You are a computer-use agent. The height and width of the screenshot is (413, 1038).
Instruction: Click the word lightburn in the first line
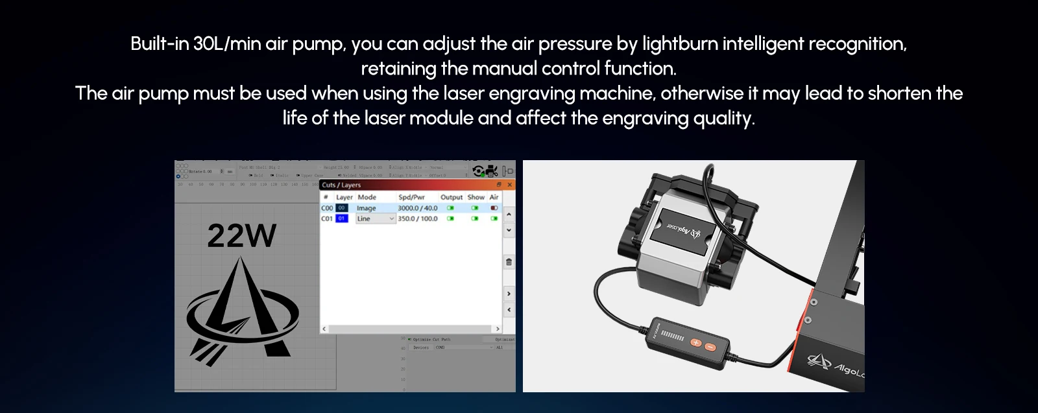679,44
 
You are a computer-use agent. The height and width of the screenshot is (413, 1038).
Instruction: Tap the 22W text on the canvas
241,236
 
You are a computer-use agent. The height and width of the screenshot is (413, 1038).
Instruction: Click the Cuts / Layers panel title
341,185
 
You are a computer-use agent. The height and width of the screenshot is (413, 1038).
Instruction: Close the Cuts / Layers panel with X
510,185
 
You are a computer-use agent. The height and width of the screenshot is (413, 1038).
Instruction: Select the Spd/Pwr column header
411,197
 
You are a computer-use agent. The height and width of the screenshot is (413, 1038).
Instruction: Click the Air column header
494,197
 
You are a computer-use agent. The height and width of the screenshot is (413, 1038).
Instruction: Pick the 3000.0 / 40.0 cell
417,208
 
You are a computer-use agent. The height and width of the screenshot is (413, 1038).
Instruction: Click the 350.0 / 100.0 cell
417,218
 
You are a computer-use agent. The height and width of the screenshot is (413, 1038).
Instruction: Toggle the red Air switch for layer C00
494,208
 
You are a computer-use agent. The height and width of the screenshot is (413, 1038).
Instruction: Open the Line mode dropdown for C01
391,218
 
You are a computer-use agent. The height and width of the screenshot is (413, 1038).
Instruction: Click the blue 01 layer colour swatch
342,218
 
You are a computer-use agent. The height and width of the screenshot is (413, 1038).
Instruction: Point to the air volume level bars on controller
673,336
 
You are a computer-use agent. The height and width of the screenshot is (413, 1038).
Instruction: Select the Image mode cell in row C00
367,208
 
